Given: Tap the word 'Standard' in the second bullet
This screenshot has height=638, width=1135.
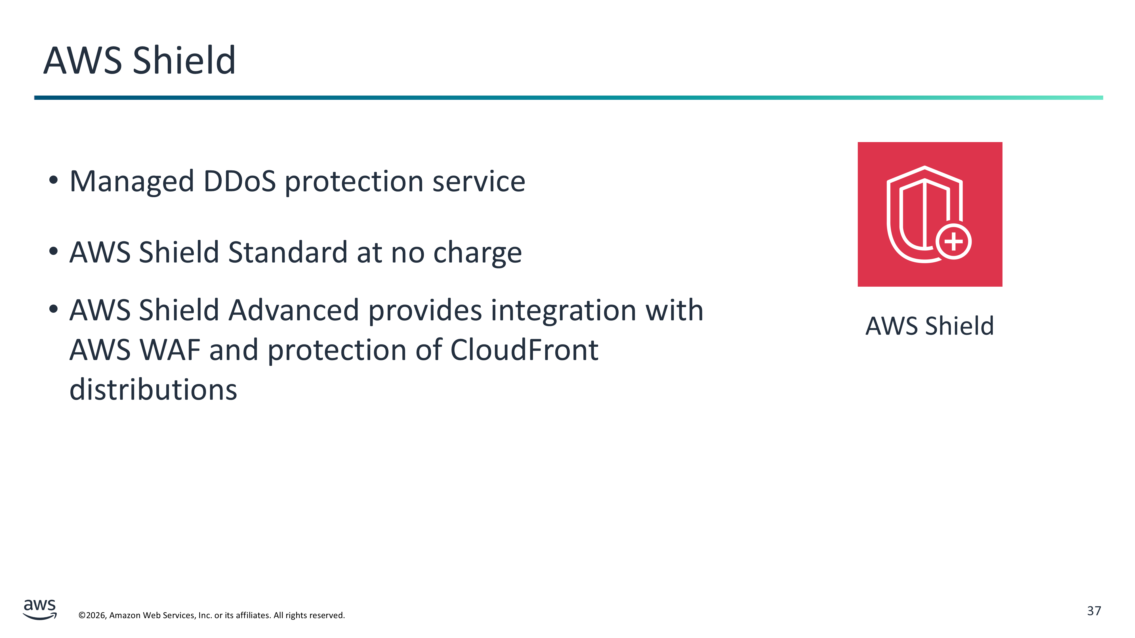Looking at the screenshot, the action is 287,252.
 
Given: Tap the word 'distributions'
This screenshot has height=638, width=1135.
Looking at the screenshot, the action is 153,390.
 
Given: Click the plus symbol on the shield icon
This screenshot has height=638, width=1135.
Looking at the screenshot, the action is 953,242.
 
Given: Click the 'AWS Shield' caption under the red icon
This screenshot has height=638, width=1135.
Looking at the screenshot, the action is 930,326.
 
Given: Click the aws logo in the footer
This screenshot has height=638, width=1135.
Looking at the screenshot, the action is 40,609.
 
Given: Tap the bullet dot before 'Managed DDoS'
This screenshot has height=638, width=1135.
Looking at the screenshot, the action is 53,180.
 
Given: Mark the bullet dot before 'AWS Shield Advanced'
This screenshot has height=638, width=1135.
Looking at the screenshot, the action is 53,309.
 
